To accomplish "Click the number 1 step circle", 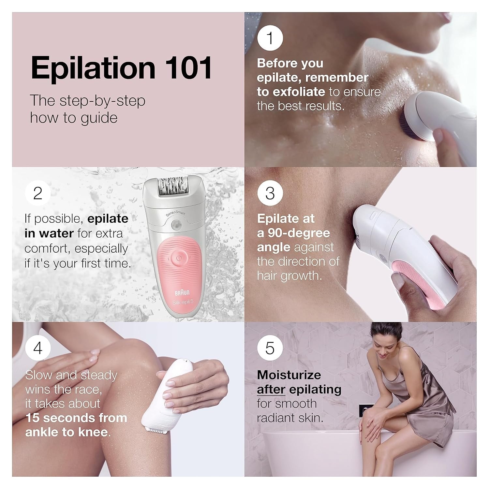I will pos(270,38).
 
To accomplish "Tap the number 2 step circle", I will pos(38,193).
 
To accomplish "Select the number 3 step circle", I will pos(270,193).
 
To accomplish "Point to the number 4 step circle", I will pos(38,348).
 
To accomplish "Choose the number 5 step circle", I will pos(270,348).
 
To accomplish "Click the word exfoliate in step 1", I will pos(299,92).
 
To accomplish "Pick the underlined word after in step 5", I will pos(271,389).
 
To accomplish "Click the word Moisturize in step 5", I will pos(289,375).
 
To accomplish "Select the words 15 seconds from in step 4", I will pos(76,418).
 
